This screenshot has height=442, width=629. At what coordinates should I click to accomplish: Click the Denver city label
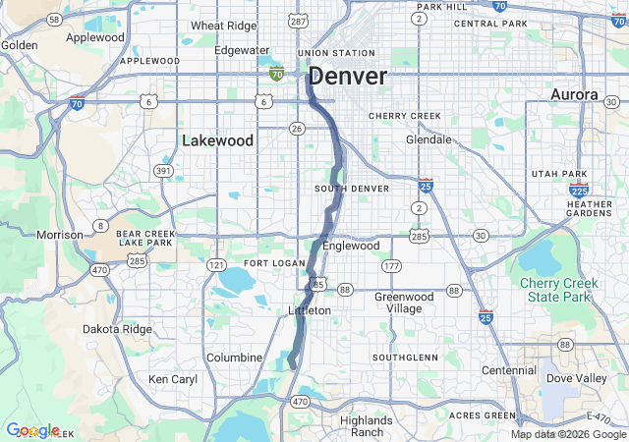(x=348, y=77)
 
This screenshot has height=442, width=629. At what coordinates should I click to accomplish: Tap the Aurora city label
(x=574, y=94)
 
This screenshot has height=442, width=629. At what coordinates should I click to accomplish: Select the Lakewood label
(x=217, y=140)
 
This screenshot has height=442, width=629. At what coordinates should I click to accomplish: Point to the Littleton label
(x=310, y=310)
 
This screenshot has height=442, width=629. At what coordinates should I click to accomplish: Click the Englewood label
(x=350, y=246)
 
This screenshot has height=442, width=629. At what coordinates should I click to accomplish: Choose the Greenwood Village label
(x=404, y=302)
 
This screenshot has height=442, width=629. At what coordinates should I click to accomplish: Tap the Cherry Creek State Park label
(x=556, y=290)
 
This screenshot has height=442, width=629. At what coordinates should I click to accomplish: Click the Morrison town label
(x=60, y=235)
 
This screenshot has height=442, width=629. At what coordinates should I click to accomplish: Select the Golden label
(x=20, y=44)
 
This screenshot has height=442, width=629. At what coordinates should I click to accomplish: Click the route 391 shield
(x=163, y=171)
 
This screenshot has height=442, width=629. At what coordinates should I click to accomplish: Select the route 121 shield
(x=216, y=265)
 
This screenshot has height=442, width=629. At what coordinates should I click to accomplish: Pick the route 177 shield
(x=392, y=266)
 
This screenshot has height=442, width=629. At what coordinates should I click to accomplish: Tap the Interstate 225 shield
(x=580, y=191)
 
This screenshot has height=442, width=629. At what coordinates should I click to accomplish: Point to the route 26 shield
(x=296, y=128)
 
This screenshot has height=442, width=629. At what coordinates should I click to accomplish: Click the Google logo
(x=32, y=430)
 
